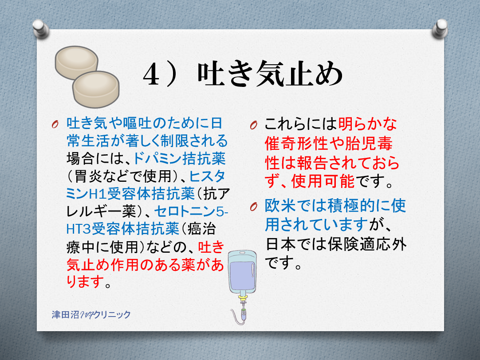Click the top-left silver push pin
coord(41,29)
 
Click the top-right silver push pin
coord(440,29)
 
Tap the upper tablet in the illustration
coord(77,63)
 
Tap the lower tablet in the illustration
coord(96,89)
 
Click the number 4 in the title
coord(151,75)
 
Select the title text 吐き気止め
coord(270,74)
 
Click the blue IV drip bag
coord(243,272)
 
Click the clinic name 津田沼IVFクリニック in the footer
coord(91,314)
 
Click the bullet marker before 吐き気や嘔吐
coord(55,124)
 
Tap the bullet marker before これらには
coord(253,125)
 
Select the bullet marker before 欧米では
coord(253,207)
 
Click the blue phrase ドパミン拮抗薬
coord(180,158)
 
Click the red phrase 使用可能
coord(323,181)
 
